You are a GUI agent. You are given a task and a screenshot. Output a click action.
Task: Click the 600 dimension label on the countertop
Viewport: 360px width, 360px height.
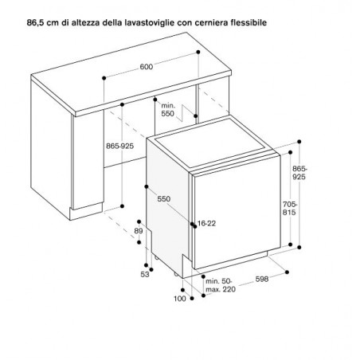click(147, 67)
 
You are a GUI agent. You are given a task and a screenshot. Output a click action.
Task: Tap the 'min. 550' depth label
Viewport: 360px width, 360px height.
click(168, 110)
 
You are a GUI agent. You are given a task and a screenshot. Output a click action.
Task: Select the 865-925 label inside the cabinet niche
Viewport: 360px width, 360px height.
click(120, 146)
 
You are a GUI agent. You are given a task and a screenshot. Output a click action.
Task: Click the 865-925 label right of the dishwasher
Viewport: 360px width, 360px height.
click(299, 173)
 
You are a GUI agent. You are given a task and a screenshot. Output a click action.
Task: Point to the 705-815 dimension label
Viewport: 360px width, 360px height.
click(290, 209)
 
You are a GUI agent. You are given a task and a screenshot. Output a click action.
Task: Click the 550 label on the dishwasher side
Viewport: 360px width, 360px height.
click(164, 199)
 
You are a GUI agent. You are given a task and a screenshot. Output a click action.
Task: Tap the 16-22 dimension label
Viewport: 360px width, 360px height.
click(206, 224)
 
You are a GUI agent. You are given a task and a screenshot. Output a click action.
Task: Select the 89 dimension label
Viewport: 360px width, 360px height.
click(139, 231)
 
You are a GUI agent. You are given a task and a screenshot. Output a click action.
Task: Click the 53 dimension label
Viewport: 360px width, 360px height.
click(145, 275)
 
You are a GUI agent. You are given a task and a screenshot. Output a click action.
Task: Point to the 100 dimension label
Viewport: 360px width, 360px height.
click(180, 299)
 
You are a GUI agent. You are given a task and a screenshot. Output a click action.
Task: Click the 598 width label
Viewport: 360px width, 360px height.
click(262, 279)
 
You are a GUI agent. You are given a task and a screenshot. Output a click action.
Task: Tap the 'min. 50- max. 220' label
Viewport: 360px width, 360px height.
click(221, 285)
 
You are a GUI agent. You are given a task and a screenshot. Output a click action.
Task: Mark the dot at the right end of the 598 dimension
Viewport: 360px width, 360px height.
click(287, 272)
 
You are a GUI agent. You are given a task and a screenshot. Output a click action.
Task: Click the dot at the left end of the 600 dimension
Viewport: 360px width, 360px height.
click(104, 78)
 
